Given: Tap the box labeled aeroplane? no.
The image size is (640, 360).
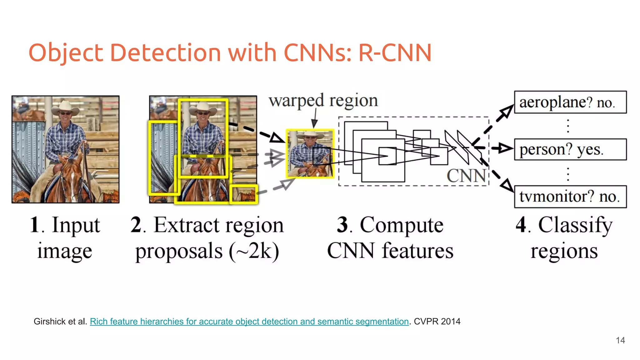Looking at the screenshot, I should pos(570,102).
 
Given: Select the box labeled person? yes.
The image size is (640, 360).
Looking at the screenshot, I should pos(570,149).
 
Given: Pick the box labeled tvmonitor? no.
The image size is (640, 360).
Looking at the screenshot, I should pos(570,197).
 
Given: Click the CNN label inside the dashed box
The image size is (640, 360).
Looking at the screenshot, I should pos(466,176).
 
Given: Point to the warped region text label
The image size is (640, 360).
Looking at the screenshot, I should pos(323,101).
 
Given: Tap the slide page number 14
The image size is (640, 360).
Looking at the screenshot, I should pos(620,340).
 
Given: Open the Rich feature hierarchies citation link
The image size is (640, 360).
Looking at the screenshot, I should pos(249,321).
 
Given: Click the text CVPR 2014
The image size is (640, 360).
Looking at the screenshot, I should pos(437,321).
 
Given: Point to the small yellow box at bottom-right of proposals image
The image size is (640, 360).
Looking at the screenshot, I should pos(244,194).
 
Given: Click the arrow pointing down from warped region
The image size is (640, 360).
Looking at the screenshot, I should pos(315,119).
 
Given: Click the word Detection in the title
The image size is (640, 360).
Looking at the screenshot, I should pos(165,52).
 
